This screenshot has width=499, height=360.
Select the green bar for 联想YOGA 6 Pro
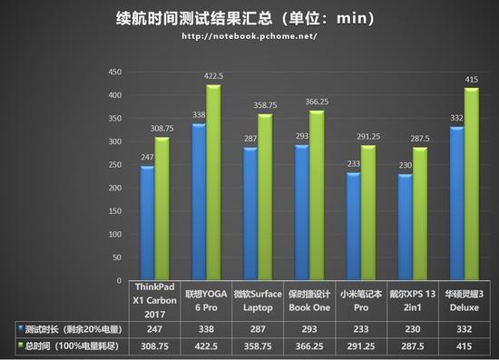(214, 181)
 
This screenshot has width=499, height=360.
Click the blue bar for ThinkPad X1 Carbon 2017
(147, 222)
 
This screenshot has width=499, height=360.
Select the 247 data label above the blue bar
(147, 158)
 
